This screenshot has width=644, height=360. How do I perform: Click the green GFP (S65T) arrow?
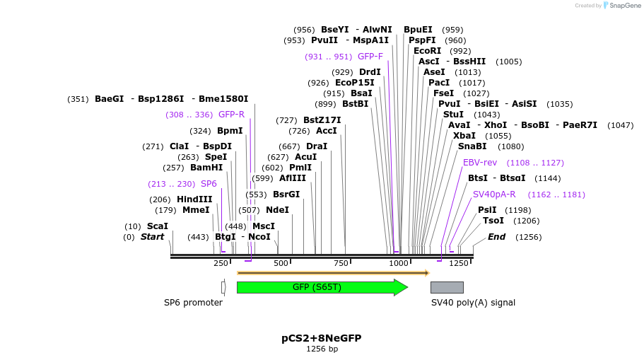pyautogui.click(x=322, y=287)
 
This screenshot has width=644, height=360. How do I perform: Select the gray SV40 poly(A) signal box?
pyautogui.click(x=447, y=287)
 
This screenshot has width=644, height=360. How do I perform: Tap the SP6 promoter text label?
pyautogui.click(x=193, y=303)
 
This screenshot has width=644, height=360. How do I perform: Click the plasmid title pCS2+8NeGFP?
pyautogui.click(x=321, y=338)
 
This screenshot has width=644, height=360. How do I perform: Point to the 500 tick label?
pyautogui.click(x=281, y=263)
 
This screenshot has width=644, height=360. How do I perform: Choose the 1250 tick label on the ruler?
pyautogui.click(x=459, y=263)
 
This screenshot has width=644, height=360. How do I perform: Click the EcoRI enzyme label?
pyautogui.click(x=427, y=51)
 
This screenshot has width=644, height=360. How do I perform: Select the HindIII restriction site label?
pyautogui.click(x=194, y=199)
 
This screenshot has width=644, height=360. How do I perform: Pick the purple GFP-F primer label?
pyautogui.click(x=370, y=57)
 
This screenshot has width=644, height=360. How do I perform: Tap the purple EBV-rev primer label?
pyautogui.click(x=480, y=163)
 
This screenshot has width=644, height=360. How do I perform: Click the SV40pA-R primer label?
pyautogui.click(x=494, y=194)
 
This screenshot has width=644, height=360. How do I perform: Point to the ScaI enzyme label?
pyautogui.click(x=157, y=226)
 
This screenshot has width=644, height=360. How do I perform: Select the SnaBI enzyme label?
pyautogui.click(x=472, y=146)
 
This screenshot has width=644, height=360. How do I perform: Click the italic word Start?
pyautogui.click(x=152, y=237)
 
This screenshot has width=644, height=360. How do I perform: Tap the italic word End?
pyautogui.click(x=496, y=237)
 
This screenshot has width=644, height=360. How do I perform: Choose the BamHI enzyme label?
pyautogui.click(x=206, y=168)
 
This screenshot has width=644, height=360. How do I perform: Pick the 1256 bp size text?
pyautogui.click(x=322, y=349)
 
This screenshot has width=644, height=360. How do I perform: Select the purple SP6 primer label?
pyautogui.click(x=209, y=184)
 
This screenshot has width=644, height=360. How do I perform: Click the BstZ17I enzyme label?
pyautogui.click(x=322, y=120)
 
